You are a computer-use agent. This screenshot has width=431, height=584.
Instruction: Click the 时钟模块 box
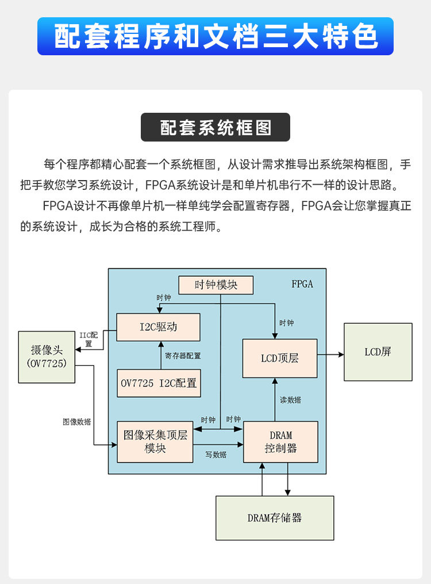click(215, 285)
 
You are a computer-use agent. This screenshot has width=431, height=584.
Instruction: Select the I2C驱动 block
click(159, 327)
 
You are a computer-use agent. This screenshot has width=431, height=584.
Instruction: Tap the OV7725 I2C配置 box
click(159, 383)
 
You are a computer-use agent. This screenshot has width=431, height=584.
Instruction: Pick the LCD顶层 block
click(280, 358)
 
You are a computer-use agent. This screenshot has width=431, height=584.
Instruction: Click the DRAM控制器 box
click(280, 442)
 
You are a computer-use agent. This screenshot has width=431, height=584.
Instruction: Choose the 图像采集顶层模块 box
click(155, 442)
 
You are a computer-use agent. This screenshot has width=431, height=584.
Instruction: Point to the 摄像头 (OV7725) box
click(47, 357)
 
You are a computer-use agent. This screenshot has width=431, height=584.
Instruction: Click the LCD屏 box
click(378, 352)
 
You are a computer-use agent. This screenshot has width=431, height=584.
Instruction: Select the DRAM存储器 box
click(275, 518)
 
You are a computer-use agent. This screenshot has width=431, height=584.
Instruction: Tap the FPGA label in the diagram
click(302, 284)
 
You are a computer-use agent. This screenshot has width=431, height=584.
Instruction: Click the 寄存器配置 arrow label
click(183, 356)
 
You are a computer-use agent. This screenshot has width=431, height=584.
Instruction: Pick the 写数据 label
click(216, 455)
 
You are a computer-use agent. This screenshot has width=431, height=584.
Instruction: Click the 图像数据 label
click(76, 422)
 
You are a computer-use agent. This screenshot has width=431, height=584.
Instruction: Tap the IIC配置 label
click(89, 339)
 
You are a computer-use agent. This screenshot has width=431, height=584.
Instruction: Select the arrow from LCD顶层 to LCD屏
click(330, 355)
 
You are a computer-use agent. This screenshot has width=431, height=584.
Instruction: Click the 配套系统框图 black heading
click(215, 127)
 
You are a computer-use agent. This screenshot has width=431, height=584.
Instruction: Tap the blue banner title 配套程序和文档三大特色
click(215, 36)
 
